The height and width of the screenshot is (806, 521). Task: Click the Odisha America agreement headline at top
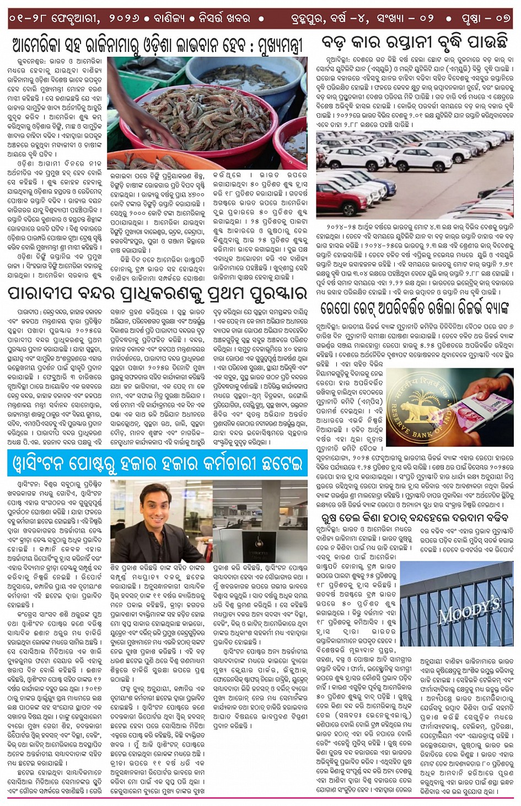(x=157, y=45)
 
